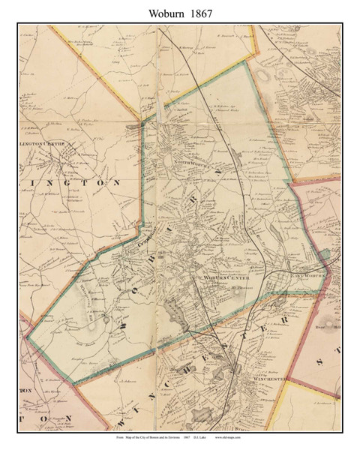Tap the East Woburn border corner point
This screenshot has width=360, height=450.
click(x=328, y=265)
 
